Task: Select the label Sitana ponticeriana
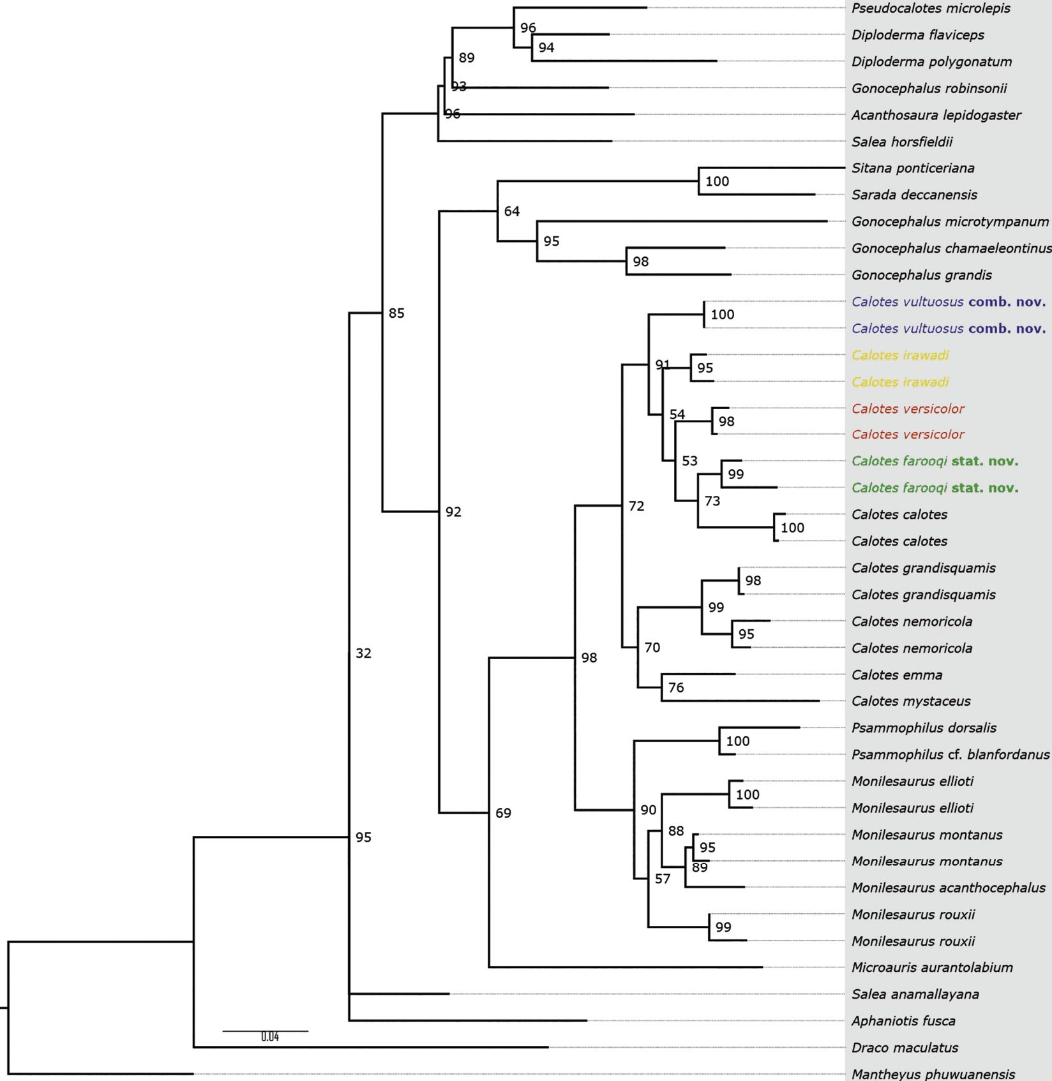913,168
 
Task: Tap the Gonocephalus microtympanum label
950,221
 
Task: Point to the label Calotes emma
897,675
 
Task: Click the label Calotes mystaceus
911,701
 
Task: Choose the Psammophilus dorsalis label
924,727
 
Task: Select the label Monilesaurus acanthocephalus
949,888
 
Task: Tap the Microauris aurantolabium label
932,967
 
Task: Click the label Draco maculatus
905,1047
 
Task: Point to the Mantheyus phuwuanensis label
933,1074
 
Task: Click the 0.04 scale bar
266,1031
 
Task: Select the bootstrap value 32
363,653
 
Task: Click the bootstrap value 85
396,313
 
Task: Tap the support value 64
512,211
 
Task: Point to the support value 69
503,813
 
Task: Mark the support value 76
676,687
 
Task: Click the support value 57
663,879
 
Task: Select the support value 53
689,461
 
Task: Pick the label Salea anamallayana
915,994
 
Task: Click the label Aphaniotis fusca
903,1021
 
